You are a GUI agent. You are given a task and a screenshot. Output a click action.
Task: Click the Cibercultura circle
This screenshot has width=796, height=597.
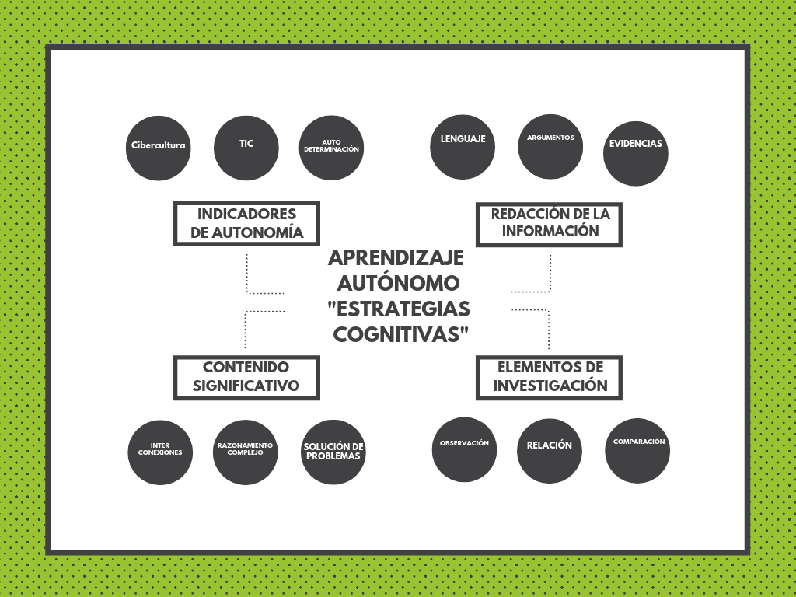pos(159,148)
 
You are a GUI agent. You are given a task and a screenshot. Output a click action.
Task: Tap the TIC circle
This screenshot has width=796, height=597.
pos(246,148)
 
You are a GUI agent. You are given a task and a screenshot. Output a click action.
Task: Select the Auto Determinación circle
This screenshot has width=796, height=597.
pos(331,148)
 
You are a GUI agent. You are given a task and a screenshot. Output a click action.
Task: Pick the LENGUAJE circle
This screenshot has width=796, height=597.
pos(463,147)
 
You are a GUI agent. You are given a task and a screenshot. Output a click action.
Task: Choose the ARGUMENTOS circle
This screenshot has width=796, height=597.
pos(550,147)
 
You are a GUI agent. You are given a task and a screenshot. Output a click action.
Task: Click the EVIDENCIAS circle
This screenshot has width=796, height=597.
pos(636,153)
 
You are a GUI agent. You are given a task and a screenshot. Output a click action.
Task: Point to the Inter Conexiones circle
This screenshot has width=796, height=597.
pos(160,452)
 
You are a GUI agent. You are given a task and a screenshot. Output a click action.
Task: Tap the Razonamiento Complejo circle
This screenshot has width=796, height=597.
pos(245,452)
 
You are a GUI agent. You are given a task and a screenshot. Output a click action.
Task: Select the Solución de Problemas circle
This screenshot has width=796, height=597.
pos(333,452)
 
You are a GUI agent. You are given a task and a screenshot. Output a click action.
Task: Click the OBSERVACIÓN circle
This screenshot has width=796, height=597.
pos(465,450)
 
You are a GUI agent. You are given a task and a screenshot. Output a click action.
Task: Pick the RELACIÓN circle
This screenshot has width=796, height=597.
pos(550,451)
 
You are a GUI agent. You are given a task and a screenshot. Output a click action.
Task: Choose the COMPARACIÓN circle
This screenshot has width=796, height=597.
pos(637,450)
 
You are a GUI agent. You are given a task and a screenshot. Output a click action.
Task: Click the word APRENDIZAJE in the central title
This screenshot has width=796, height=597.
pos(396,258)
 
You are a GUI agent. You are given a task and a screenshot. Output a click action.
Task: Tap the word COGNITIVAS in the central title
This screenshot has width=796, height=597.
pos(400,334)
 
